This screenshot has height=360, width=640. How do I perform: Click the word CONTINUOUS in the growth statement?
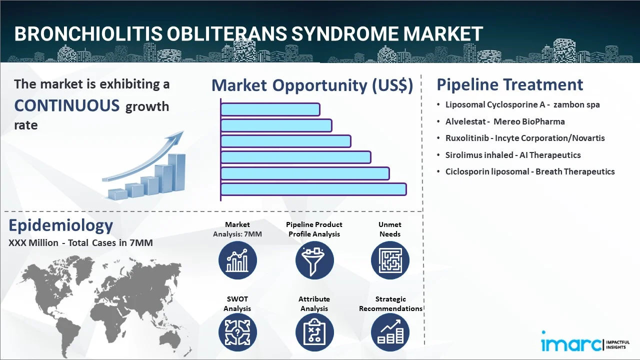pos(67,105)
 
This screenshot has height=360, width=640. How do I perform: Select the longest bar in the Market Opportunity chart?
pos(313,189)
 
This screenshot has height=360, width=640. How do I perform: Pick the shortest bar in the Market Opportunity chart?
pos(270,109)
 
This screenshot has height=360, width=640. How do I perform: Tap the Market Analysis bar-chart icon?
pos(237,260)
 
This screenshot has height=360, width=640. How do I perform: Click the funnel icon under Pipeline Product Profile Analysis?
pos(314,260)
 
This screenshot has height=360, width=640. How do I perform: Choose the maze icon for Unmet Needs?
pos(390,260)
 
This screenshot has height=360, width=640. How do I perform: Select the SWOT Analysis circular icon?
pos(237,332)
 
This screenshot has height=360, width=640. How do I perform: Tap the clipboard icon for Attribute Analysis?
pos(314,332)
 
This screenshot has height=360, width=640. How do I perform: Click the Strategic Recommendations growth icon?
pos(390,332)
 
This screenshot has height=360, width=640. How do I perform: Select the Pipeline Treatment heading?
pos(510,84)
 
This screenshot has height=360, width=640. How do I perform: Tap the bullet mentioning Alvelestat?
pos(505,121)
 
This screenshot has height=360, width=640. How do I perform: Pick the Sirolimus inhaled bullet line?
pos(513,155)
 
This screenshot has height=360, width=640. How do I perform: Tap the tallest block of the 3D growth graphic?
pos(176,172)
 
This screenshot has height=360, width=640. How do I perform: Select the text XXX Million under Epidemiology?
pos(33,243)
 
